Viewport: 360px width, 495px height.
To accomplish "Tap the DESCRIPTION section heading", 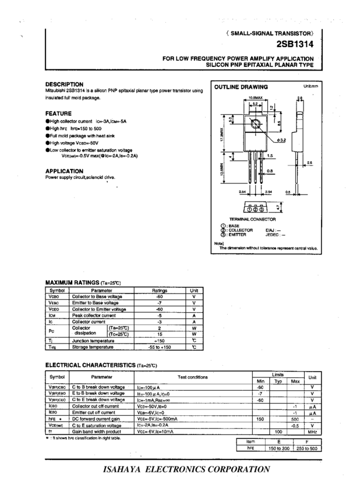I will (64, 84).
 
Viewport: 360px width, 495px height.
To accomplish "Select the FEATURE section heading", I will (58, 113).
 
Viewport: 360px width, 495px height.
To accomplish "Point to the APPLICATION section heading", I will (64, 171).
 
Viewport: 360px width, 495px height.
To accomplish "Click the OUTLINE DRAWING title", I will (237, 87).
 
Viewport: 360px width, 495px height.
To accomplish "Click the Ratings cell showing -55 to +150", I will (159, 346).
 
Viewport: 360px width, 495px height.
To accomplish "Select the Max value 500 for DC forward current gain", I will (295, 419).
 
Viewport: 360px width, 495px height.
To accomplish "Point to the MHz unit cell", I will (313, 432).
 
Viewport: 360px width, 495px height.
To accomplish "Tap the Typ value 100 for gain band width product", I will (278, 432).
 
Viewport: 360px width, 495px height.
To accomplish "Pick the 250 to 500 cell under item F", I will (307, 448).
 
